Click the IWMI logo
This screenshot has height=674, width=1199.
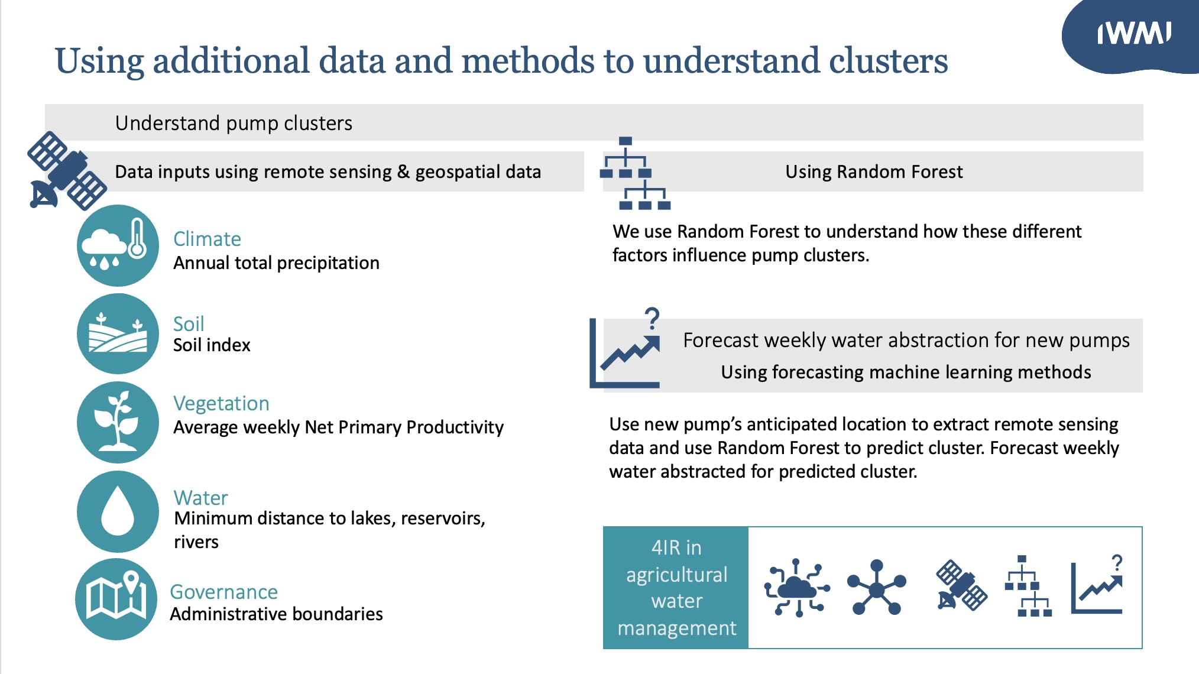click(x=1133, y=34)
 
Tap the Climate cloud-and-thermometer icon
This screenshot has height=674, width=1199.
click(x=118, y=245)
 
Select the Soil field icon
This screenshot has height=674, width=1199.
click(x=118, y=333)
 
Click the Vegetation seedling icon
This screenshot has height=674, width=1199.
click(x=118, y=422)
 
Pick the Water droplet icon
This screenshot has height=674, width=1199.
click(x=118, y=511)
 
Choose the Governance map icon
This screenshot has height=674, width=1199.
click(x=116, y=598)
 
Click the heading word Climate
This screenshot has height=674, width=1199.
click(x=207, y=239)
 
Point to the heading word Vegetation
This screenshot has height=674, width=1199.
click(x=221, y=403)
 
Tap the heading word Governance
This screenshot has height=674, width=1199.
click(x=223, y=592)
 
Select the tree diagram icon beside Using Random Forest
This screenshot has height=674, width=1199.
click(x=635, y=173)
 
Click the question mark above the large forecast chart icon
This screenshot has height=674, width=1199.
click(x=652, y=319)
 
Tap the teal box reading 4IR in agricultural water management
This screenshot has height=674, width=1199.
click(x=676, y=588)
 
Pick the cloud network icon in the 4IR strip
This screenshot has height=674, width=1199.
click(x=797, y=588)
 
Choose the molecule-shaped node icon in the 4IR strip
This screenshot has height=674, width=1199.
click(x=876, y=588)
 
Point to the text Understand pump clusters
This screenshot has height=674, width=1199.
click(x=234, y=123)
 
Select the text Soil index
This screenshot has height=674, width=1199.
click(x=212, y=345)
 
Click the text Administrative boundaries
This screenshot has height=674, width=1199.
click(x=276, y=614)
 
